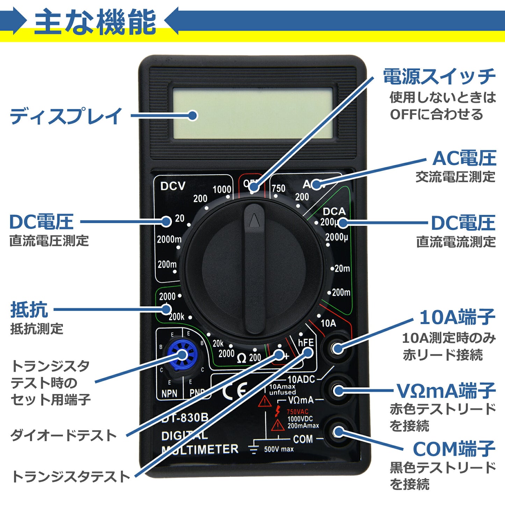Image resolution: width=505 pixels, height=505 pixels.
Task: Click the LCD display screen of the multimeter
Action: coord(252,113)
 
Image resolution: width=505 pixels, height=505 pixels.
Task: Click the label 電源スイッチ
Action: coord(439,76)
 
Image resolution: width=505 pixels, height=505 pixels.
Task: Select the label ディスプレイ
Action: coord(66,116)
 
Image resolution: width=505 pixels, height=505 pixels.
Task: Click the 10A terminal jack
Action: coord(337,348)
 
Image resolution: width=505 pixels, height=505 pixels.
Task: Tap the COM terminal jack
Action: coord(337,432)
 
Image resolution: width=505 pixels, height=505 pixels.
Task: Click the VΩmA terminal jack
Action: coord(337,390)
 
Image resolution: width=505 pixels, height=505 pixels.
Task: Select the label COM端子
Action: coord(454,449)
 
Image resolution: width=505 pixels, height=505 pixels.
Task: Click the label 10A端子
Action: coord(457,317)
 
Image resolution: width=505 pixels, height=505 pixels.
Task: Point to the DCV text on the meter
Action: coord(173,186)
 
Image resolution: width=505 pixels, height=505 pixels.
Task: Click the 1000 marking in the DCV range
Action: coord(222,189)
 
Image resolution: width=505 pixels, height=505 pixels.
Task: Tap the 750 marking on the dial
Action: coord(278,188)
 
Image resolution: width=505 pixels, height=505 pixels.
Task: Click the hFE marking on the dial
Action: coord(305,342)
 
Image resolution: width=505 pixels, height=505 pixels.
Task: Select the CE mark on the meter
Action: coord(235,390)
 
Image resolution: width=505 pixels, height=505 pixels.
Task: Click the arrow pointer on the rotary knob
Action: coord(254,220)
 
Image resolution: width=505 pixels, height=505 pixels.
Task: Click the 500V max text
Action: coord(279,449)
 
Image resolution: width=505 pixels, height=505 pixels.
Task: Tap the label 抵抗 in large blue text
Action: coord(29,309)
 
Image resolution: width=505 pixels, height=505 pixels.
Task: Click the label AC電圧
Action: coord(464,158)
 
